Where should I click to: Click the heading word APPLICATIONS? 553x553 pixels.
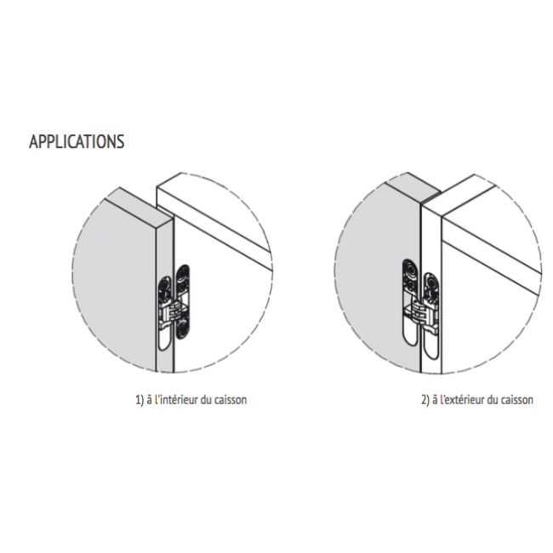[77, 141]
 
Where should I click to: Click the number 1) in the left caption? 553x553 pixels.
[140, 400]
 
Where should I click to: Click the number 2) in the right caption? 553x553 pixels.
[425, 400]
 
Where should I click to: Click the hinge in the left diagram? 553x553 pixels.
[174, 307]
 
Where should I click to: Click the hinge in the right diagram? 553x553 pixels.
[421, 306]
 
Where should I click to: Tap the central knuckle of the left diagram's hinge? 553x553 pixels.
[174, 311]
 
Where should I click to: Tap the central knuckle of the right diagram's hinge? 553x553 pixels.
[420, 311]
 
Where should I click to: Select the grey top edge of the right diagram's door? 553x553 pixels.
[413, 188]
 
